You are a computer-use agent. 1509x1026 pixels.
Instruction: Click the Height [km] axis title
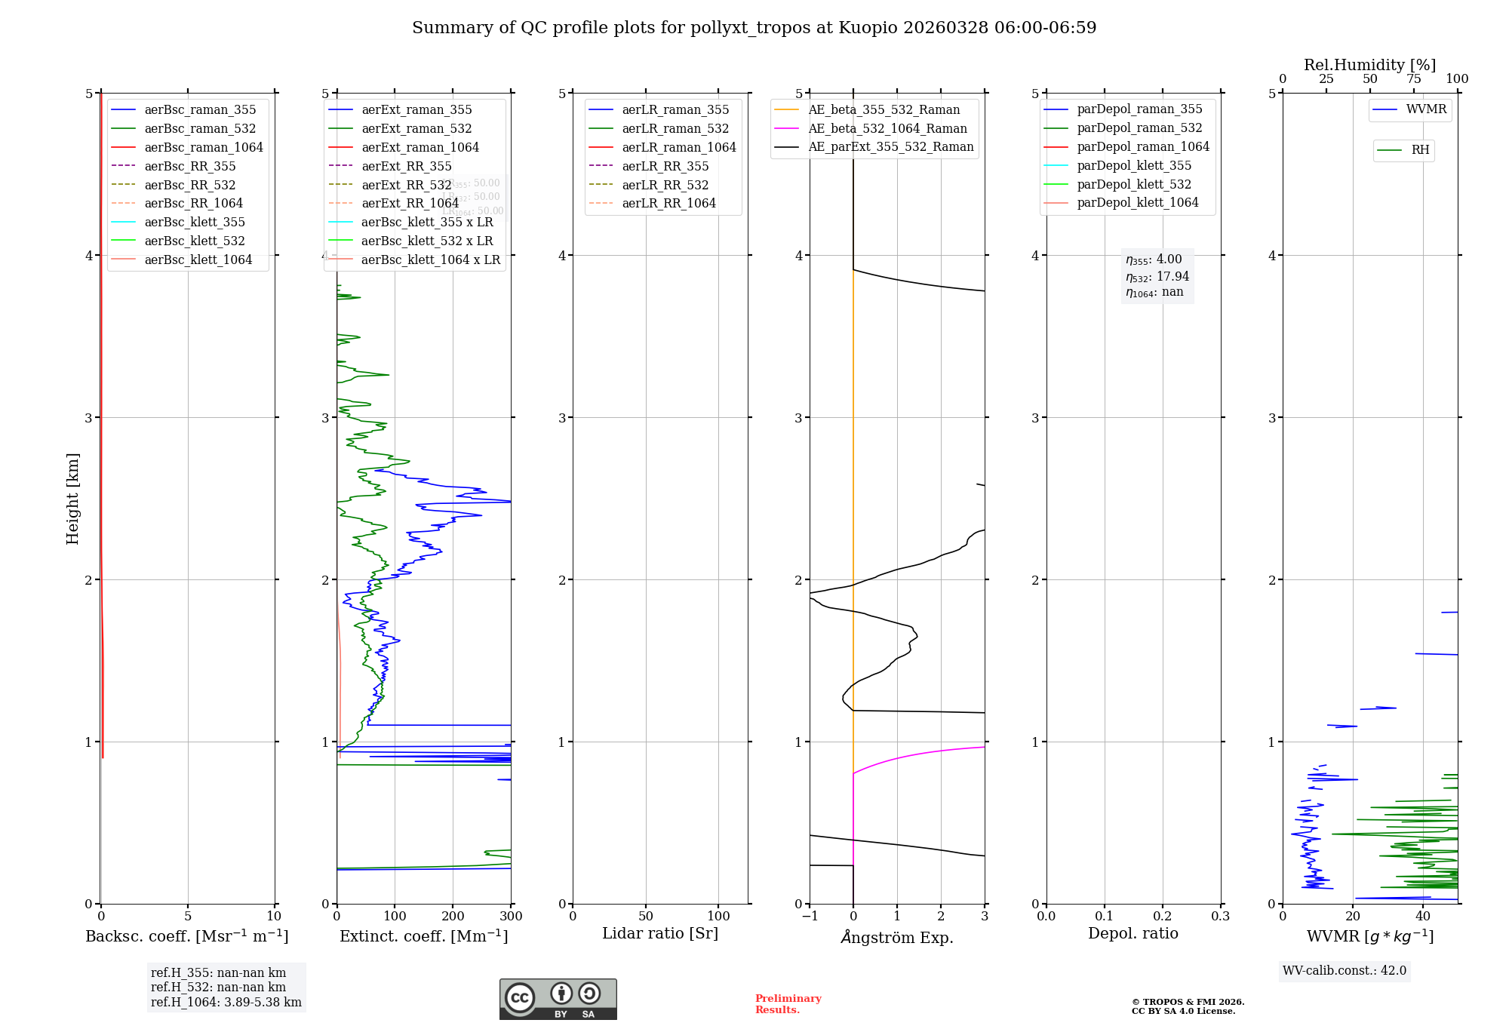click(x=72, y=499)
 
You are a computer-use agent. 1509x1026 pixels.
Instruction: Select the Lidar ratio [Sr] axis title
click(x=660, y=933)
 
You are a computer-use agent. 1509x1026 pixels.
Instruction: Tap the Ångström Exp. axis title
click(x=897, y=937)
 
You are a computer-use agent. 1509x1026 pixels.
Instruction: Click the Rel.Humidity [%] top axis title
click(x=1369, y=65)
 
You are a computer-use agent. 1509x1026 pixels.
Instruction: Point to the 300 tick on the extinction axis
click(x=512, y=916)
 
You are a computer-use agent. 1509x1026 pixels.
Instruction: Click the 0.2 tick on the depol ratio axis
click(x=1163, y=916)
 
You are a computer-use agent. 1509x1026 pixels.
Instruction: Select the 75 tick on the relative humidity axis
click(x=1414, y=79)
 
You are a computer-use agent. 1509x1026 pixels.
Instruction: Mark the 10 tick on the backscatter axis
click(x=274, y=916)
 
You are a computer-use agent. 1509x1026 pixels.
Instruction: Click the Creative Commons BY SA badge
click(x=558, y=999)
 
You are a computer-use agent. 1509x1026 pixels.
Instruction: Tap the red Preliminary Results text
click(x=788, y=1003)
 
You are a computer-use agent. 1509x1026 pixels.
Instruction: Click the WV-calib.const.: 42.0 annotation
click(x=1345, y=970)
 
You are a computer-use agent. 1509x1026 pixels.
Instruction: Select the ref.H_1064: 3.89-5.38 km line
click(x=226, y=1002)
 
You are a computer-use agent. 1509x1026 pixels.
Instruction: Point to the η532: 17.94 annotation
click(x=1157, y=276)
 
